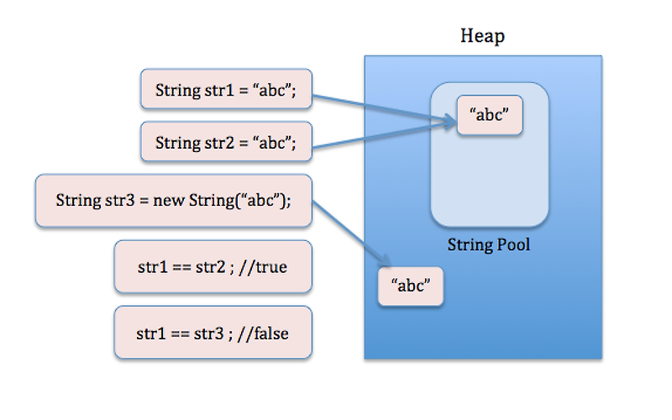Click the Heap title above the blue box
click(x=482, y=36)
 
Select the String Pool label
click(x=488, y=246)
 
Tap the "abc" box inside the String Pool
click(x=490, y=115)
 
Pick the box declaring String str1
click(x=225, y=90)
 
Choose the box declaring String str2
click(x=225, y=142)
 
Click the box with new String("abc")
click(x=173, y=201)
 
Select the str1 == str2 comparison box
click(x=213, y=266)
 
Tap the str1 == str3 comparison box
click(x=213, y=333)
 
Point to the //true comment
click(x=266, y=266)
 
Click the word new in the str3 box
click(x=166, y=201)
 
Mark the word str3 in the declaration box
click(x=123, y=201)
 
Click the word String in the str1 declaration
click(x=175, y=90)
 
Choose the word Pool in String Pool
click(x=513, y=246)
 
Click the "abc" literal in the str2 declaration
click(x=273, y=142)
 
